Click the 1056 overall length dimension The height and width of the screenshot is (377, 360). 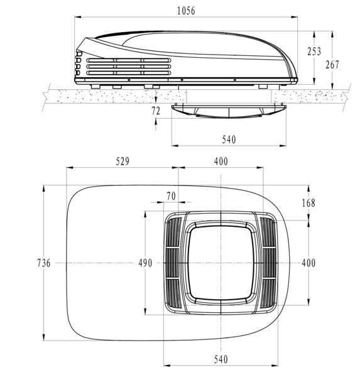pyautogui.click(x=186, y=10)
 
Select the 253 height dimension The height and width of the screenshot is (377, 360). pyautogui.click(x=314, y=52)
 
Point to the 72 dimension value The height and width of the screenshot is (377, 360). pyautogui.click(x=156, y=110)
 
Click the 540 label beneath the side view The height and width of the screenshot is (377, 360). pyautogui.click(x=229, y=139)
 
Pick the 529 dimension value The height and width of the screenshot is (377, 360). pyautogui.click(x=123, y=161)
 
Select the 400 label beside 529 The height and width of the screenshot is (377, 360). pyautogui.click(x=221, y=161)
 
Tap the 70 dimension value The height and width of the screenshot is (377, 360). pyautogui.click(x=171, y=196)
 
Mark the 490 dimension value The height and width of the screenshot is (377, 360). pyautogui.click(x=145, y=263)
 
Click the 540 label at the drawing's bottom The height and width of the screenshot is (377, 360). pyautogui.click(x=221, y=359)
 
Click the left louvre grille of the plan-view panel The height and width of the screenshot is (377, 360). pyautogui.click(x=174, y=263)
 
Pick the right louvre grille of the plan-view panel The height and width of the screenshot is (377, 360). pyautogui.click(x=268, y=263)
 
